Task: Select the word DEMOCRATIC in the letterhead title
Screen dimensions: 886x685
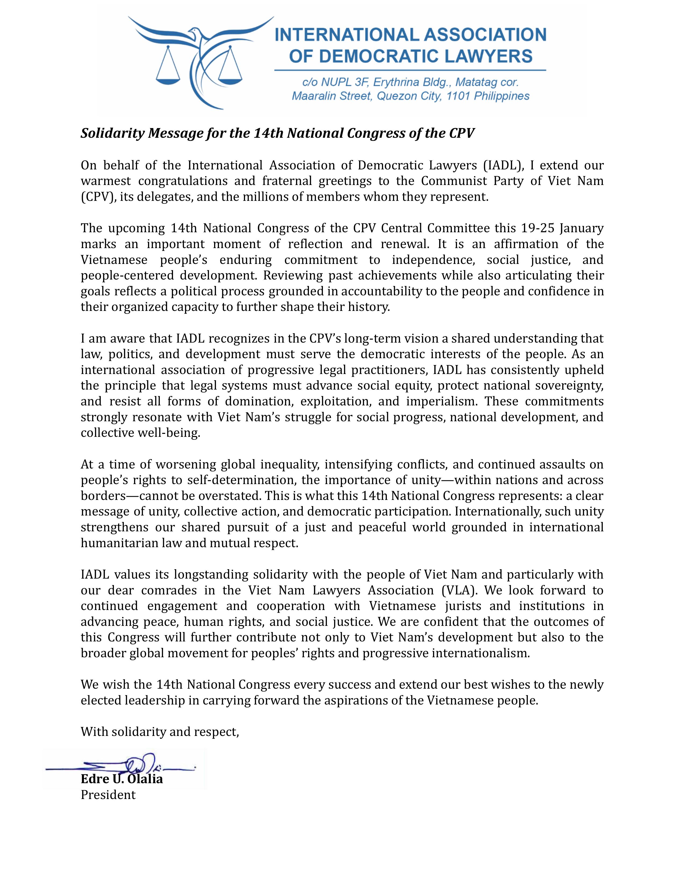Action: coord(374,56)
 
